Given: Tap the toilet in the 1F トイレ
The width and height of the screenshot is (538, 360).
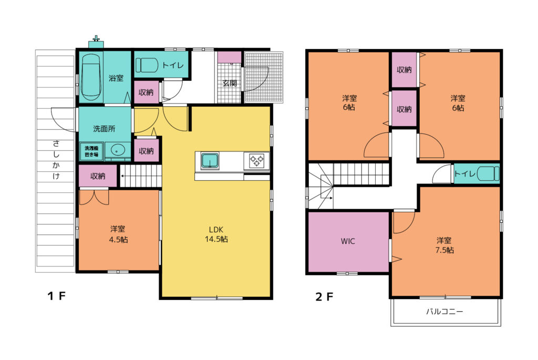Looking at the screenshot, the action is pyautogui.click(x=147, y=65).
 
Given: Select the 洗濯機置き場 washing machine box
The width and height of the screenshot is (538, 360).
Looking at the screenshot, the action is pyautogui.click(x=91, y=151).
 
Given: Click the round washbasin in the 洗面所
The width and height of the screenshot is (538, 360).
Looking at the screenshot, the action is pyautogui.click(x=118, y=150).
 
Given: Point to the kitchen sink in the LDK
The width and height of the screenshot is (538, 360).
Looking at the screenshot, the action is pyautogui.click(x=210, y=161).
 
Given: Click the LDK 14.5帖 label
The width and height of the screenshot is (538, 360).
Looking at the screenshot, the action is pyautogui.click(x=216, y=234).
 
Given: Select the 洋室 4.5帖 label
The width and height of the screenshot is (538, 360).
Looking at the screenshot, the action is pyautogui.click(x=118, y=234).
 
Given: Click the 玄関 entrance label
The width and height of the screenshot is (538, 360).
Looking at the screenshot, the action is pyautogui.click(x=229, y=83).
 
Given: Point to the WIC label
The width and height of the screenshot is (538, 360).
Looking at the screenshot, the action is pyautogui.click(x=348, y=241).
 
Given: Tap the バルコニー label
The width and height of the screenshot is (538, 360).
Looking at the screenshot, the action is pyautogui.click(x=444, y=312).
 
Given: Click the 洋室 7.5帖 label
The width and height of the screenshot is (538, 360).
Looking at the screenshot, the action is pyautogui.click(x=444, y=245).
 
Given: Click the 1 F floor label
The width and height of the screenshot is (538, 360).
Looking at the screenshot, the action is pyautogui.click(x=56, y=295).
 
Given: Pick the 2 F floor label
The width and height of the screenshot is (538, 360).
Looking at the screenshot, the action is pyautogui.click(x=324, y=296).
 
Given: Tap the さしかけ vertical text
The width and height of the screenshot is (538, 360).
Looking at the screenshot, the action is pyautogui.click(x=56, y=160).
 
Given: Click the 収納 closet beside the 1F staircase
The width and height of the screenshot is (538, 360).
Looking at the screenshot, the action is pyautogui.click(x=98, y=176).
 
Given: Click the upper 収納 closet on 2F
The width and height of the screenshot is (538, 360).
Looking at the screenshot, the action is pyautogui.click(x=404, y=70).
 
